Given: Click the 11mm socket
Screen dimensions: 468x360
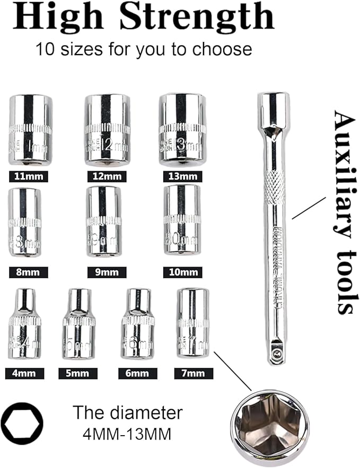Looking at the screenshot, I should pyautogui.click(x=30, y=129).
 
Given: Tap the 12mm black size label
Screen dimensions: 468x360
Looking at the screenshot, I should pyautogui.click(x=107, y=176).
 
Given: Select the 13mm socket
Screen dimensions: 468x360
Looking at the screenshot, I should pyautogui.click(x=181, y=129).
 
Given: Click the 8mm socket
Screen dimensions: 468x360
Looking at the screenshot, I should pyautogui.click(x=24, y=223).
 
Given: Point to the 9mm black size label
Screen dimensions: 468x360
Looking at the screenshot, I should pyautogui.click(x=107, y=272).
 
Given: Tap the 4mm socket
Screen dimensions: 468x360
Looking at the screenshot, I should pyautogui.click(x=24, y=324).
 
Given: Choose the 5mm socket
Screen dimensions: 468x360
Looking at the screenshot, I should pyautogui.click(x=79, y=324).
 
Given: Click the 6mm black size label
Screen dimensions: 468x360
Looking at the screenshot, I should pyautogui.click(x=137, y=374).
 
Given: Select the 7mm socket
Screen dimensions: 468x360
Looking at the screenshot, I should pyautogui.click(x=193, y=323).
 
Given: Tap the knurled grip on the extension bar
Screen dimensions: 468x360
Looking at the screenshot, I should pyautogui.click(x=274, y=189).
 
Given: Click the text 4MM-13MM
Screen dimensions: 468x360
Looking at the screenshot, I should pyautogui.click(x=127, y=435).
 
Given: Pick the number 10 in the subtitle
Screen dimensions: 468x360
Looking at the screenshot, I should pyautogui.click(x=44, y=50).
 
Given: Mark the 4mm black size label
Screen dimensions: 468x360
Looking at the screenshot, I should pyautogui.click(x=24, y=374).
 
